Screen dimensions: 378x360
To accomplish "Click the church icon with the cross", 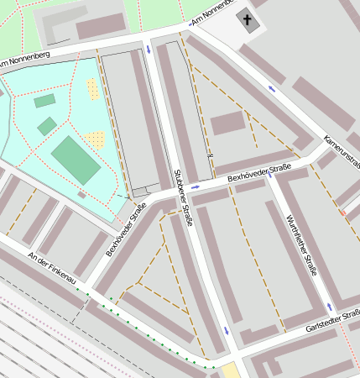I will tap(246, 18).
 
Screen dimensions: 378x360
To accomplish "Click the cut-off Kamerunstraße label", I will tap(342, 150).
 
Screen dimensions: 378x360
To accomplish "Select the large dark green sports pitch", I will tap(76, 159).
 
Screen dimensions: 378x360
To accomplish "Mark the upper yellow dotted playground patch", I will tap(92, 89).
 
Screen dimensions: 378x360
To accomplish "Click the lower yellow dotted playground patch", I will tap(95, 139).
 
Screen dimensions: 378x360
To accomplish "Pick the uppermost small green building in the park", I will tap(44, 101).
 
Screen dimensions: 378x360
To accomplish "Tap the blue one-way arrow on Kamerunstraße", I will tap(271, 87).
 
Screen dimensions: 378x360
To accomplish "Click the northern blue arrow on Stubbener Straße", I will tap(149, 50).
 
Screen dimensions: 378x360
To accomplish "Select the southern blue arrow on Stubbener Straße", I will tap(226, 330).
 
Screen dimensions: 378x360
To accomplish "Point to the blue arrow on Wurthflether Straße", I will tap(329, 306).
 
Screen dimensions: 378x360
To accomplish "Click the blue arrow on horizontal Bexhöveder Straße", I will tap(196, 186).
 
